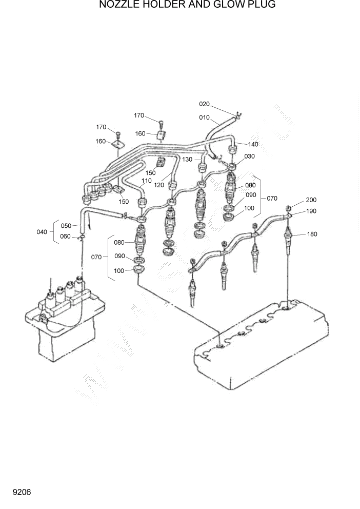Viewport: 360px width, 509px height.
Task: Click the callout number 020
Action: pyautogui.click(x=204, y=104)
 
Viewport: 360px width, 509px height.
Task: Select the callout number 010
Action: pyautogui.click(x=204, y=118)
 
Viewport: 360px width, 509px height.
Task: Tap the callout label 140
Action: pyautogui.click(x=254, y=144)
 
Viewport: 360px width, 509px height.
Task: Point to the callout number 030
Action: pyautogui.click(x=249, y=156)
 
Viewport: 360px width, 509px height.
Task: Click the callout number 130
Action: pyautogui.click(x=187, y=160)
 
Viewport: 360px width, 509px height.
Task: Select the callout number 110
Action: pyautogui.click(x=147, y=181)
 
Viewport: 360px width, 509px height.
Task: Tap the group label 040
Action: pyautogui.click(x=42, y=232)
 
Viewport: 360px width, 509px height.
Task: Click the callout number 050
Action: pyautogui.click(x=66, y=225)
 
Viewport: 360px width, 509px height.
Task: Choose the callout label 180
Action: pyautogui.click(x=312, y=234)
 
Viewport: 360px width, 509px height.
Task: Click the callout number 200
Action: pyautogui.click(x=311, y=200)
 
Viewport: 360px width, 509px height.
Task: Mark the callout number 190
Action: pyautogui.click(x=311, y=211)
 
